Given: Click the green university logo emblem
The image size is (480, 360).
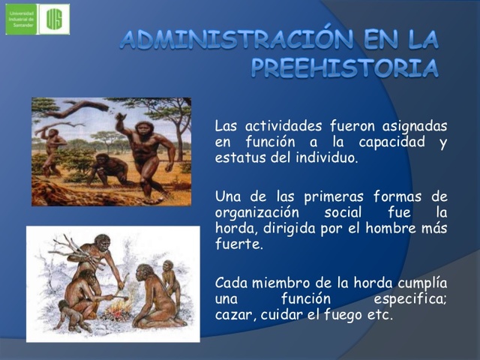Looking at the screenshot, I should (x=54, y=19).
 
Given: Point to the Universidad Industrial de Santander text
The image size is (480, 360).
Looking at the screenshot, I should (x=20, y=19).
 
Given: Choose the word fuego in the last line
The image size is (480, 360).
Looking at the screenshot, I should (x=345, y=315).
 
